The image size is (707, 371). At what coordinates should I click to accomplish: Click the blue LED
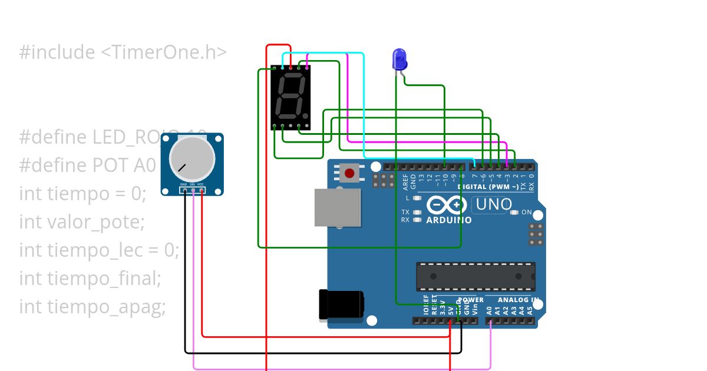(399, 59)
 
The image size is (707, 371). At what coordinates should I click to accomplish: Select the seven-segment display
(290, 97)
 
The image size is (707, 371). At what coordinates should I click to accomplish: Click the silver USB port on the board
(337, 207)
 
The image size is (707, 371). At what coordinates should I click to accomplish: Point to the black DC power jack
(341, 304)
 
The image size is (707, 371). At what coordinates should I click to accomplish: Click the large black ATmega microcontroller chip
(475, 276)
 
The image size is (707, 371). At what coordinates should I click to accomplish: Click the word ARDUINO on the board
(448, 220)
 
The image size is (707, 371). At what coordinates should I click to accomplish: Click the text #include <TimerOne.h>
(123, 52)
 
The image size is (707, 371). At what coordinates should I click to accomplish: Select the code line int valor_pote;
(82, 222)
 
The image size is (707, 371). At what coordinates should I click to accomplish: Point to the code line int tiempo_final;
(90, 279)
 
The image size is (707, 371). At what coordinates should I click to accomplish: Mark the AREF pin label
(405, 180)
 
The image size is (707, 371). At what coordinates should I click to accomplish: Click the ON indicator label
(526, 212)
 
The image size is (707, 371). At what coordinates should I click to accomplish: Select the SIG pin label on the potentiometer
(193, 184)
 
